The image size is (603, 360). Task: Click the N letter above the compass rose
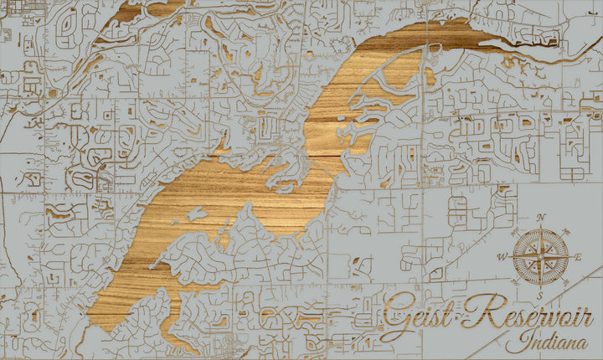[x=540, y=218]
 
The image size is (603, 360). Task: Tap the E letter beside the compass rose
[x=578, y=257]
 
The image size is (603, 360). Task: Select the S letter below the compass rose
[x=540, y=296]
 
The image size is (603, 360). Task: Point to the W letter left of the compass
[x=502, y=257]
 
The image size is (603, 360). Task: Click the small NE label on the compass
[x=563, y=234]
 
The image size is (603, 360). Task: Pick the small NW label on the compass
[x=518, y=234]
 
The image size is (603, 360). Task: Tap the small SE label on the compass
[x=563, y=280]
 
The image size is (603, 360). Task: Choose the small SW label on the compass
[x=518, y=280]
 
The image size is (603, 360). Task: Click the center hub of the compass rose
[x=540, y=257]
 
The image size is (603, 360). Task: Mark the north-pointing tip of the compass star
[x=540, y=228]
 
